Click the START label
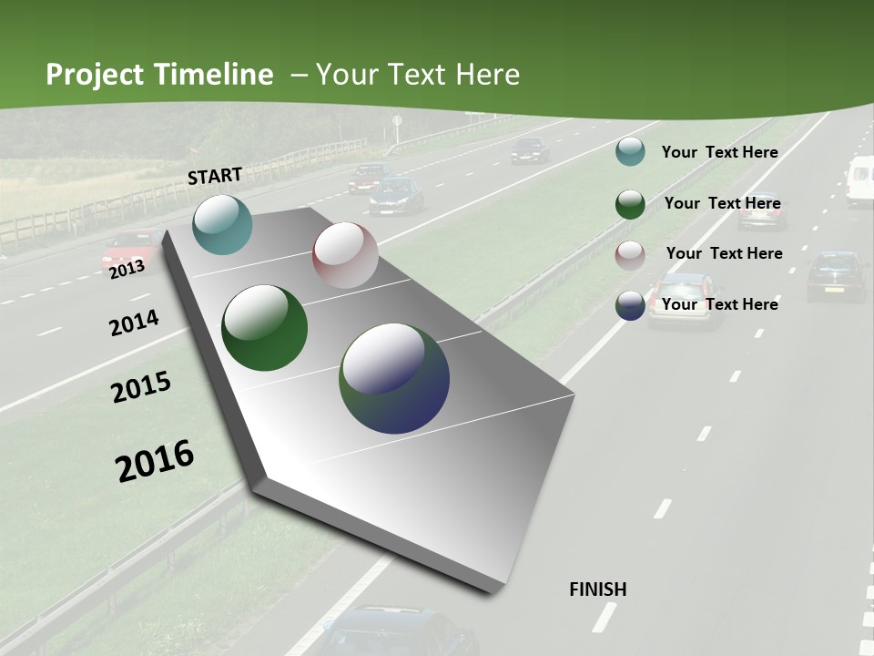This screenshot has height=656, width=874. point(215,176)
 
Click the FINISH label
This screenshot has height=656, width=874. point(598,589)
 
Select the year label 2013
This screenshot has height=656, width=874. point(127,269)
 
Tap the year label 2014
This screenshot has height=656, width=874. point(134,323)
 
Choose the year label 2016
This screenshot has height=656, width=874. point(155,461)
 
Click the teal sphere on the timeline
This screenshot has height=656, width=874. point(222,224)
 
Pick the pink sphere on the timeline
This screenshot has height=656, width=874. point(345,255)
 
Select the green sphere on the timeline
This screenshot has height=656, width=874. point(264,328)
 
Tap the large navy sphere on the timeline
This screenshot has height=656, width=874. point(394,377)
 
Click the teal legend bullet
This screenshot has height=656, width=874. point(630,151)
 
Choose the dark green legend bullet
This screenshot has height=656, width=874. point(630,204)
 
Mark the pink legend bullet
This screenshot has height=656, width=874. point(630,255)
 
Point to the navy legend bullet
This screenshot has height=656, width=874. point(630,305)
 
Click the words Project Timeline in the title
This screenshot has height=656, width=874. point(159,75)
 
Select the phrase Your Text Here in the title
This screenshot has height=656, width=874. point(418,75)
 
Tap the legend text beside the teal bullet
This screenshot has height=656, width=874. point(720,152)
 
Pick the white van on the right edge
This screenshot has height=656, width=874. point(859,180)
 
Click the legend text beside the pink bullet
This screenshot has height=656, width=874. point(724,253)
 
